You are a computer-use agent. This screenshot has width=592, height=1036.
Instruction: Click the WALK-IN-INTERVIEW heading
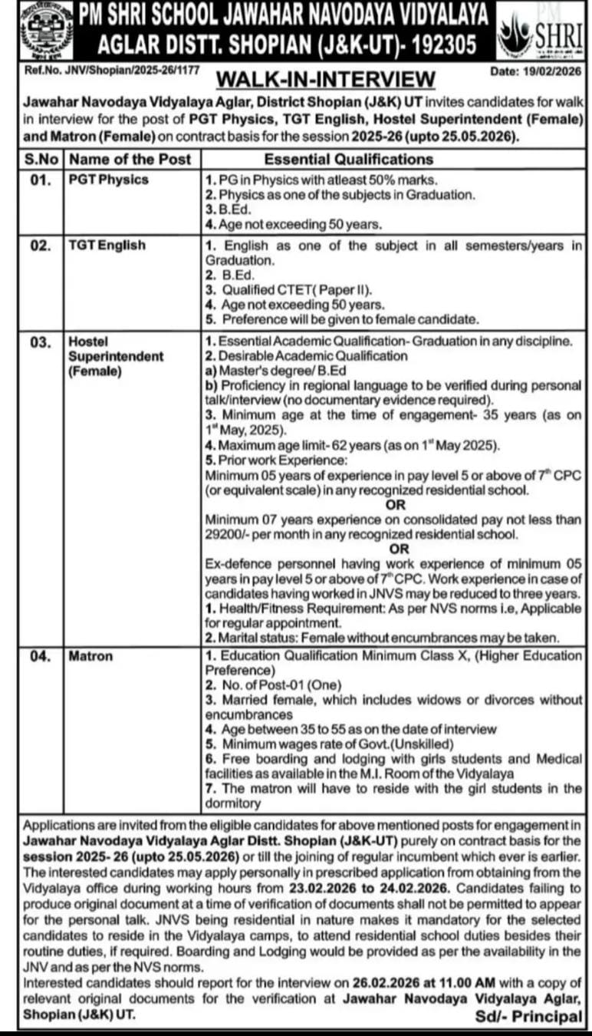326,79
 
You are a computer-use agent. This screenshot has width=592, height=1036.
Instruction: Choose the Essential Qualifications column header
349,160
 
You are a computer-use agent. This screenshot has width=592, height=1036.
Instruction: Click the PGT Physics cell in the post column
108,180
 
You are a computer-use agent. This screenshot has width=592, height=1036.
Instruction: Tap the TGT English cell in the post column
107,246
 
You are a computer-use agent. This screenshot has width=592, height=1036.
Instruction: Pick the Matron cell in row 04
90,656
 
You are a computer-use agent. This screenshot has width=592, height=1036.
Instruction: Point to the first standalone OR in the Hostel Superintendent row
396,506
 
